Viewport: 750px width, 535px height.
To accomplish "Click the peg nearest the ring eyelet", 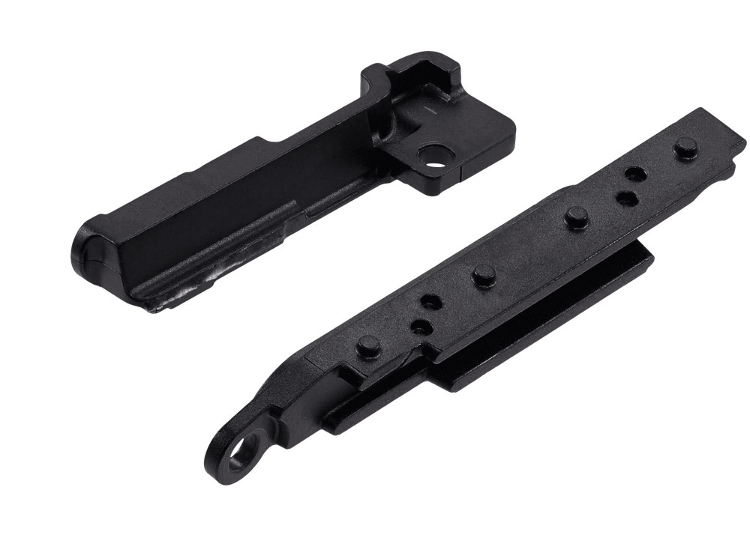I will pyautogui.click(x=368, y=345).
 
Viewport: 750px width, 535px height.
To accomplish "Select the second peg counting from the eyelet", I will pyautogui.click(x=482, y=275).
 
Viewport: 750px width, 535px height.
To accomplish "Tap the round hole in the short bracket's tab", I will pyautogui.click(x=434, y=156).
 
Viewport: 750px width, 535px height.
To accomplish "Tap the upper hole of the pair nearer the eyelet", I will pyautogui.click(x=430, y=302).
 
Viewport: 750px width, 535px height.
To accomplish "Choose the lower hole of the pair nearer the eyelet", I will pyautogui.click(x=421, y=327).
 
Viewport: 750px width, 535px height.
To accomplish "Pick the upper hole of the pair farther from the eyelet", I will pyautogui.click(x=636, y=174).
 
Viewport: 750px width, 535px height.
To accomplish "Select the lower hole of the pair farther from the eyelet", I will pyautogui.click(x=625, y=199).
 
